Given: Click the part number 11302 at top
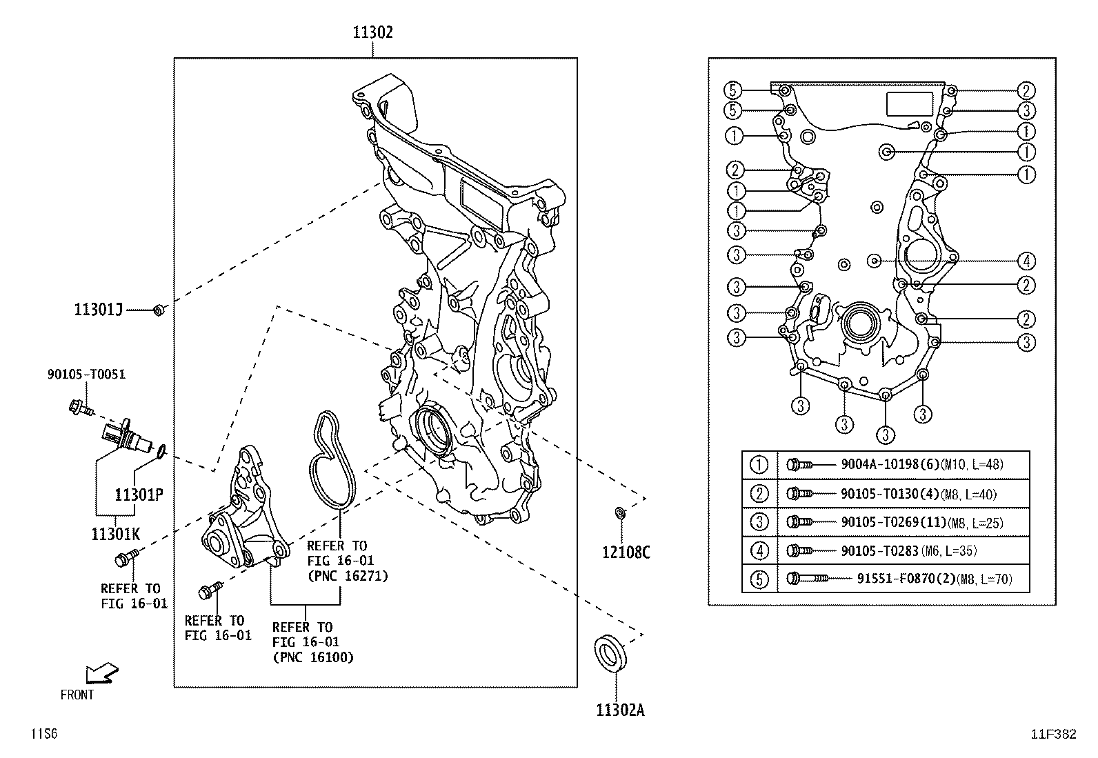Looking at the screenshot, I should click(x=372, y=32).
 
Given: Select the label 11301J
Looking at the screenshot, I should click(x=98, y=310).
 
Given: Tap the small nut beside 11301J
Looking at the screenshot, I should click(x=158, y=310).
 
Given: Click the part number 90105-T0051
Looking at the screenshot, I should click(x=86, y=375).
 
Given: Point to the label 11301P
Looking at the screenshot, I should click(x=138, y=495).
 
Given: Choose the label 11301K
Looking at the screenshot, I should click(x=115, y=533).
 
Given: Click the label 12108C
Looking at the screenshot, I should click(x=626, y=552).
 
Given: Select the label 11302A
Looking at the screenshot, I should click(x=620, y=710).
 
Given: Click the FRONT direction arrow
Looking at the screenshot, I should click(x=101, y=673).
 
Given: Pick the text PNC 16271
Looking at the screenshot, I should click(x=348, y=576).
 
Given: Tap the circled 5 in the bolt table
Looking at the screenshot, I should click(x=759, y=579).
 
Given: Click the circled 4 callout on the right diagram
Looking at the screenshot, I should click(x=1026, y=261).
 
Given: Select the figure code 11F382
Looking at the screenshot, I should click(x=1053, y=735).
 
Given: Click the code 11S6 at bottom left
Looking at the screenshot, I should click(x=43, y=735).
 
